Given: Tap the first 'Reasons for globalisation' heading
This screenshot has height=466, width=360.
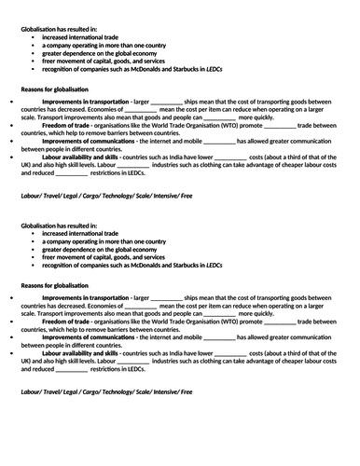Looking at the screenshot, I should click(x=58, y=89).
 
